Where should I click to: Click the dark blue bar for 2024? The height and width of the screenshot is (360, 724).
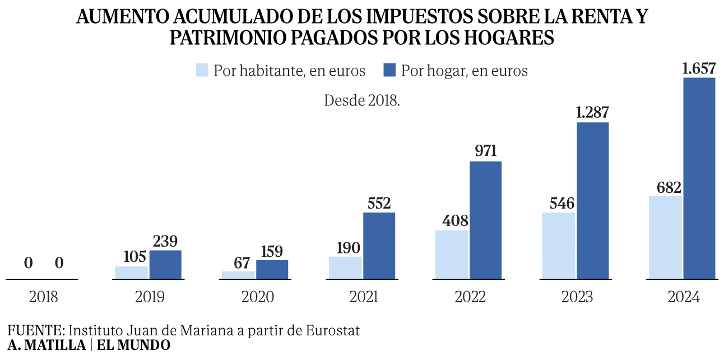pos(699,178)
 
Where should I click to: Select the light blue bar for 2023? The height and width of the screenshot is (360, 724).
pos(558,245)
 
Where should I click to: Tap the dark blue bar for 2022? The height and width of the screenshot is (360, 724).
pos(485,220)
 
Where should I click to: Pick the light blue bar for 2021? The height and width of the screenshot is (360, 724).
pos(345,267)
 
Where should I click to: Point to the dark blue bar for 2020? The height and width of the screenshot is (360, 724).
pos(272,269)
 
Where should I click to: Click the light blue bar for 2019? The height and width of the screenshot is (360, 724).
pos(132,272)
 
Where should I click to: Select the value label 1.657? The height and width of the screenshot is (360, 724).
pos(699,69)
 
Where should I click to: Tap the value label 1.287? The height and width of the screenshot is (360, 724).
pos(592,113)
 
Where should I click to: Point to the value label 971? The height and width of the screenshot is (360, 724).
pos(485,152)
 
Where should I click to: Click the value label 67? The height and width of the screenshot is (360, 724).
pos(243,263)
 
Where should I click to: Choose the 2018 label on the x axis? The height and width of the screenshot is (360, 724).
pos(43,297)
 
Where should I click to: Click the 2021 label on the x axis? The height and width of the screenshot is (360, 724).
pos(364,297)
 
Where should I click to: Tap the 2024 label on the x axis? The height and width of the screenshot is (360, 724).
pos(684,297)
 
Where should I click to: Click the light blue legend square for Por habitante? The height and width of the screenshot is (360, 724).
pos(202,71)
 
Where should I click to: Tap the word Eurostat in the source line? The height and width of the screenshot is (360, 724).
pos(333,330)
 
